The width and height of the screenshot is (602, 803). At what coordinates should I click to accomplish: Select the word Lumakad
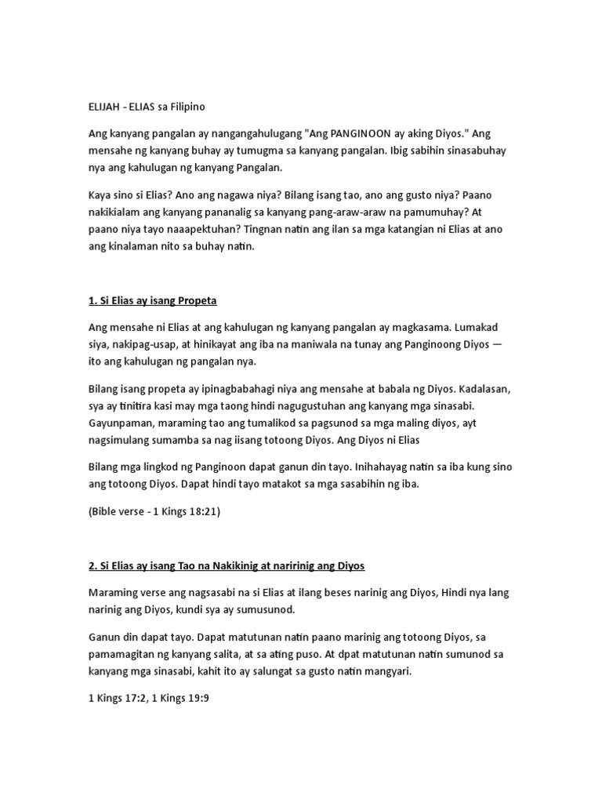point(484,329)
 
